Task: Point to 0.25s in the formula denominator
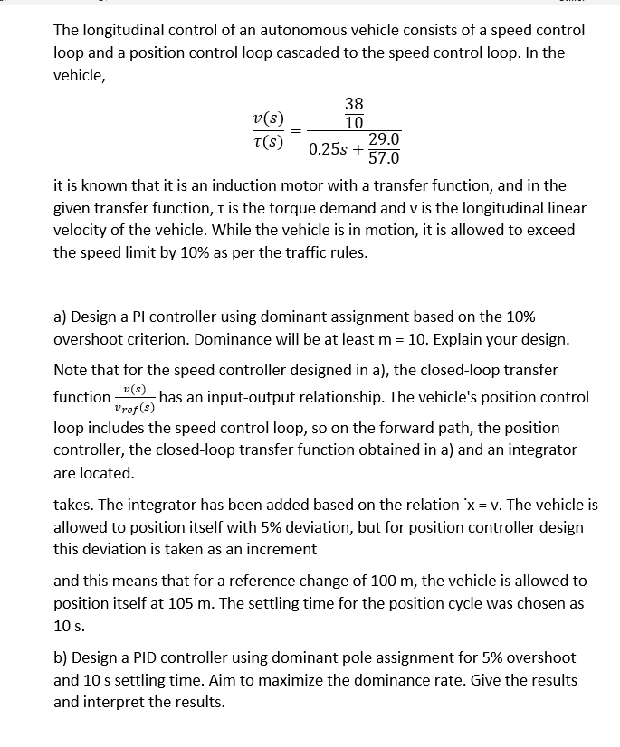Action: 331,149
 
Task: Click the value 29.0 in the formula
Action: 384,139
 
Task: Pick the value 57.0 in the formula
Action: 384,159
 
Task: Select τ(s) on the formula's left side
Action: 269,140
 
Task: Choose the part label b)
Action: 62,657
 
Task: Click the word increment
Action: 283,549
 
